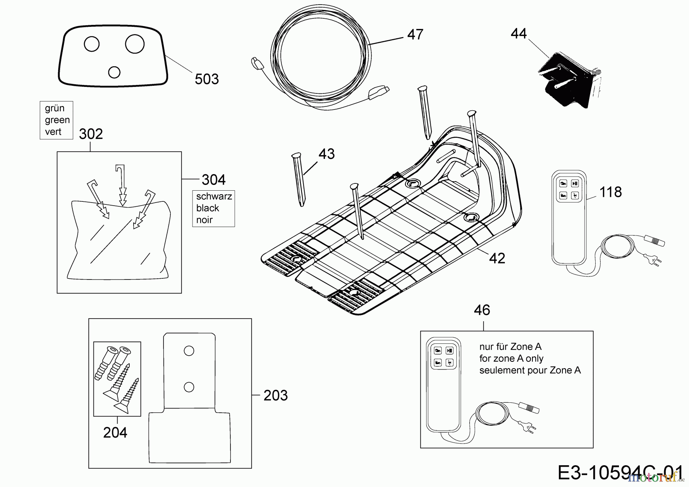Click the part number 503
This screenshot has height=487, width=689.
click(x=207, y=79)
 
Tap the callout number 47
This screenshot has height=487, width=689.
click(x=415, y=34)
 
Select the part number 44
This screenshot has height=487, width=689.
click(x=519, y=34)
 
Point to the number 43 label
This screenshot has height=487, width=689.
click(x=327, y=154)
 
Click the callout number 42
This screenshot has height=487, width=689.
click(x=497, y=258)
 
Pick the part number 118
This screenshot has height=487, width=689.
click(x=610, y=192)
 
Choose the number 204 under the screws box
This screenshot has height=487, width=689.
click(x=115, y=433)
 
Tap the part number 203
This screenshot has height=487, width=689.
click(x=276, y=395)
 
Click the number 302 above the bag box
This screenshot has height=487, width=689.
click(x=91, y=134)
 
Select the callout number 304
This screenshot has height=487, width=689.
click(x=214, y=180)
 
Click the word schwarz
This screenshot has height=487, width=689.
click(x=214, y=196)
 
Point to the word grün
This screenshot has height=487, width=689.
click(x=54, y=108)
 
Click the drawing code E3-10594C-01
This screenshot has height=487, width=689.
click(x=620, y=473)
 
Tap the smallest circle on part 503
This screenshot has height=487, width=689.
click(x=114, y=72)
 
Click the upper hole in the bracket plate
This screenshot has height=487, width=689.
click(x=189, y=351)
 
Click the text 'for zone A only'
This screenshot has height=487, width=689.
click(x=511, y=359)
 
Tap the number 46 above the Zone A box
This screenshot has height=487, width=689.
click(x=482, y=310)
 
